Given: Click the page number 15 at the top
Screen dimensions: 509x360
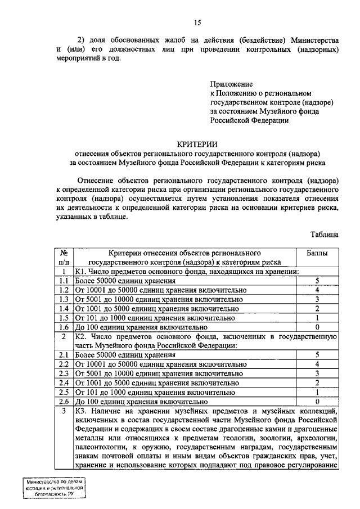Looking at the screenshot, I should [197, 22].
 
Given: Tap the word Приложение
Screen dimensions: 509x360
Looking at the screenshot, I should [232, 83].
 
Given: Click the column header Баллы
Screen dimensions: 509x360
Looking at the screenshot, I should [317, 253].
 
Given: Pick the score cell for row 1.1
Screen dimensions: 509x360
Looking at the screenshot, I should [317, 280].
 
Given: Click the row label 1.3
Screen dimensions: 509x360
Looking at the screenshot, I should [64, 299].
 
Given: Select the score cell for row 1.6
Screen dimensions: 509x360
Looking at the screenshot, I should [317, 327].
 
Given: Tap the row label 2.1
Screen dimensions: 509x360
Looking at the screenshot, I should [64, 355].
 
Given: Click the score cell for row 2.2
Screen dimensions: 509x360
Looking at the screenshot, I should [317, 364].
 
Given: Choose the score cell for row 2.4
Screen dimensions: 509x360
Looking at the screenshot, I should [317, 382].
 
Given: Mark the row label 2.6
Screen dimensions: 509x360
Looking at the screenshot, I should [64, 402].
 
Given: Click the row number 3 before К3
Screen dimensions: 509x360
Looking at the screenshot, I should [64, 411].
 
